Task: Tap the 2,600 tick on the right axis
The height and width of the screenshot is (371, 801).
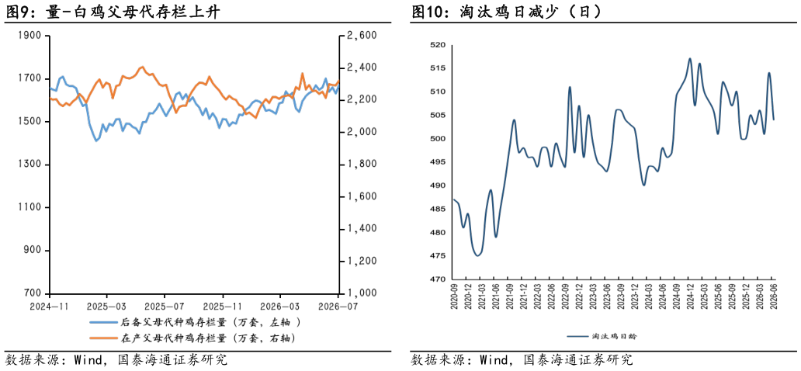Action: coord(361,36)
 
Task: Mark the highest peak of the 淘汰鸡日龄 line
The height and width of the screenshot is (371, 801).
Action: coord(690,58)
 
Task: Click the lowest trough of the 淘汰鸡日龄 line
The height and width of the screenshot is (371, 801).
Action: coord(477,255)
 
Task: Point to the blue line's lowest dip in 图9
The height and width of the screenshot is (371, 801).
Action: coord(96,141)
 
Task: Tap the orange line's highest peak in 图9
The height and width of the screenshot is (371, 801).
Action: coord(142,67)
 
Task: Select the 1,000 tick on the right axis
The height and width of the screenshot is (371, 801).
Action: coord(361,294)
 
